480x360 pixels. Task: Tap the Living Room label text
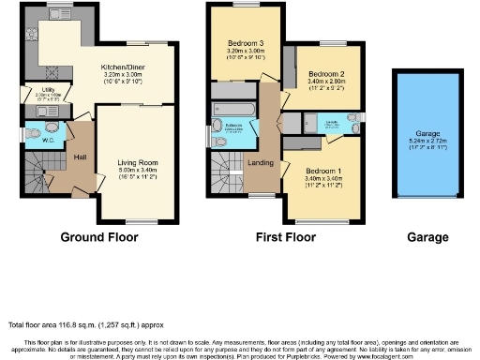138,162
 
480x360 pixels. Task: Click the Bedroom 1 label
323,172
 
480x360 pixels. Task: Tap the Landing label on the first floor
261,163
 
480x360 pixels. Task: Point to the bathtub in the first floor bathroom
234,108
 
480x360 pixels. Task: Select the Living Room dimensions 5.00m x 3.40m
138,172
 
